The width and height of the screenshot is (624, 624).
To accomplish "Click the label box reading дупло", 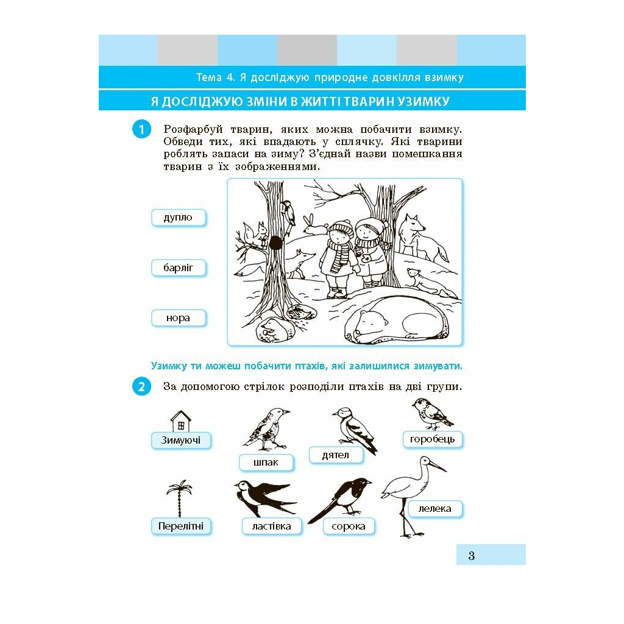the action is [x=179, y=218].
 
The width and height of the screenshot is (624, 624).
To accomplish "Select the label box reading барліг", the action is [x=179, y=268].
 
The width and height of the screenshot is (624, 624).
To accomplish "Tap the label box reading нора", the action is [x=179, y=318].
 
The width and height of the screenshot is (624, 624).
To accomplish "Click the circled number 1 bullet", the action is [x=141, y=129].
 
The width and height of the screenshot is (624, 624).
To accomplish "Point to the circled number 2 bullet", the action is [x=141, y=387].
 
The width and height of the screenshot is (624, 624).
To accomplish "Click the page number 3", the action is [x=472, y=556].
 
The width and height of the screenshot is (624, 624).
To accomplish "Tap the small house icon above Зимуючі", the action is [x=180, y=421].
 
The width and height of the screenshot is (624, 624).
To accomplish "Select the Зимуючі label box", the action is [x=180, y=441].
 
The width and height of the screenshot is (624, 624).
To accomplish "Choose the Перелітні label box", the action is [x=180, y=526].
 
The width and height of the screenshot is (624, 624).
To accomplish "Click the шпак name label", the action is [x=266, y=463].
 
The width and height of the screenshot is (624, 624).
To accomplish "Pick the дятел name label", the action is [x=336, y=455].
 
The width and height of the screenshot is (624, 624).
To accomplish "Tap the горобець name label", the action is [x=432, y=439].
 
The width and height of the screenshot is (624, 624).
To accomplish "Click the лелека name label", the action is [x=434, y=509].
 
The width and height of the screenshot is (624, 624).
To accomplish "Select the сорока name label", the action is [x=349, y=526].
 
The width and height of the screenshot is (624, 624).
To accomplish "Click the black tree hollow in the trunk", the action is [x=276, y=243].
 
